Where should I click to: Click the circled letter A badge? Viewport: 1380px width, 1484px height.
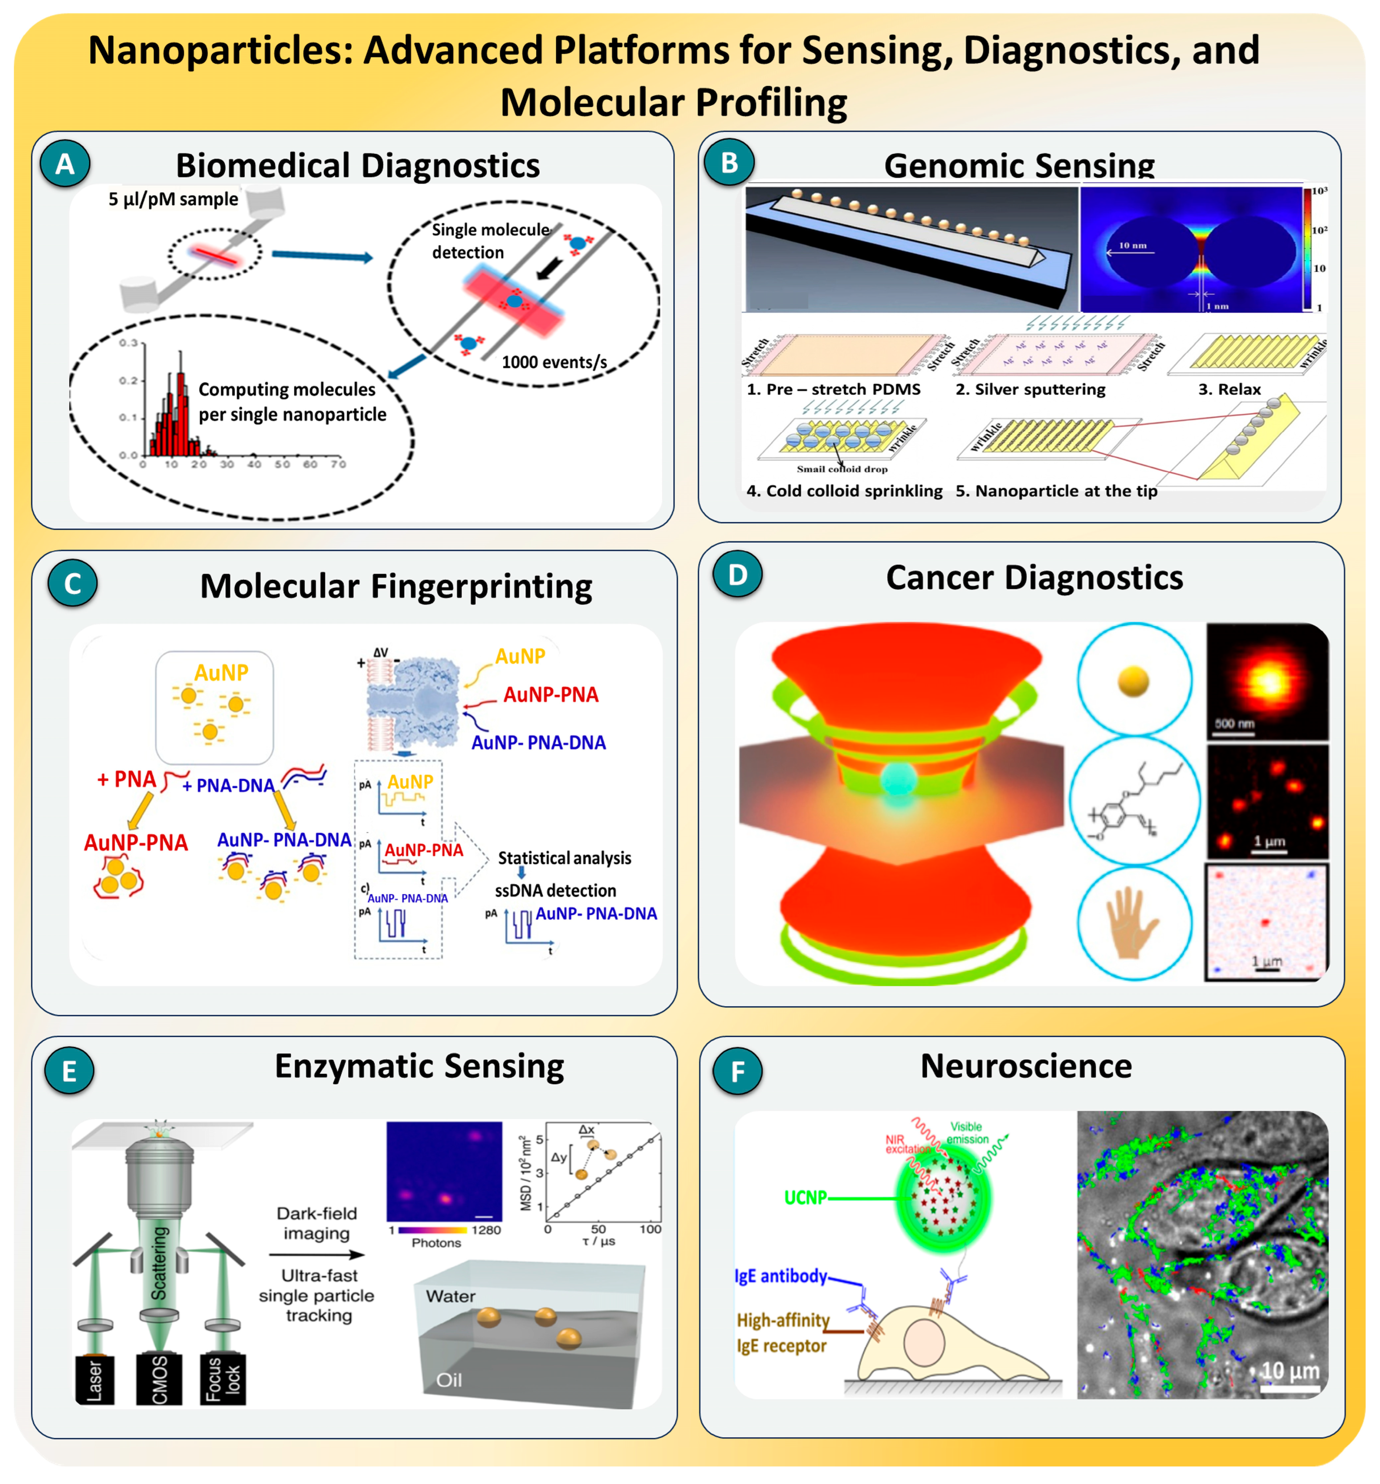click(65, 164)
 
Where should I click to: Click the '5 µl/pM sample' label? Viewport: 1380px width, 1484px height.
click(173, 199)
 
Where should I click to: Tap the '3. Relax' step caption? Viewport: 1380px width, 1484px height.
click(1229, 389)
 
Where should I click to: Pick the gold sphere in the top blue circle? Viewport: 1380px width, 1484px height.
click(1133, 681)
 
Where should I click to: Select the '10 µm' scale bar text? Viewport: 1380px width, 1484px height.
click(1289, 1370)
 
